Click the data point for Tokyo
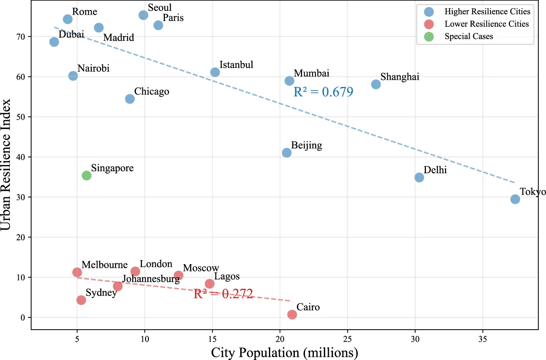click(515, 199)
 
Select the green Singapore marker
click(87, 175)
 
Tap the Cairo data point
click(292, 314)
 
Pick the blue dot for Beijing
click(287, 153)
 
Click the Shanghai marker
click(376, 84)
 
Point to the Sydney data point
click(81, 300)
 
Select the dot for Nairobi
click(73, 76)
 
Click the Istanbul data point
click(215, 72)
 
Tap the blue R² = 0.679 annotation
click(323, 92)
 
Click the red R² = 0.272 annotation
click(223, 294)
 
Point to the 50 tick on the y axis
click(21, 117)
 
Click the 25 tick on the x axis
click(347, 339)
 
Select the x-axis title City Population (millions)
click(284, 353)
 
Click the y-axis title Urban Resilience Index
click(6, 165)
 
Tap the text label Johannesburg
click(151, 279)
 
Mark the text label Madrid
click(119, 38)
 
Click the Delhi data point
click(419, 177)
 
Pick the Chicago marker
click(130, 99)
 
